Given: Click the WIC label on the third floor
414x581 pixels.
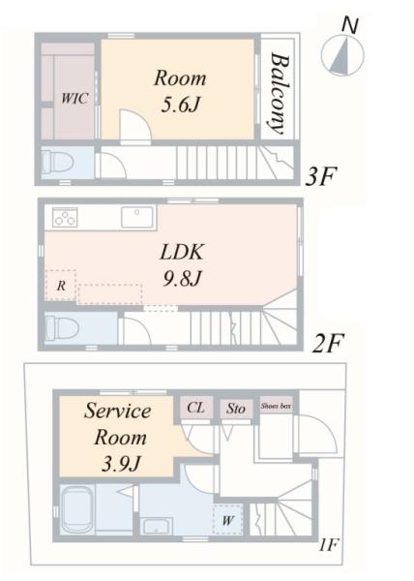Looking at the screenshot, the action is pos(74,99).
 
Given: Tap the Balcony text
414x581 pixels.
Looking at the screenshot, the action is pos(280,94).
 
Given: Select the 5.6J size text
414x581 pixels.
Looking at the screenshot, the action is pos(181,106).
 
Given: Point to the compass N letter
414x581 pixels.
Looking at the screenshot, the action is pos(349,26).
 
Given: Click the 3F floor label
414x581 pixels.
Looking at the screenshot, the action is pos(321,177).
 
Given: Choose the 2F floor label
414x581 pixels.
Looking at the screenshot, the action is pos(329,344).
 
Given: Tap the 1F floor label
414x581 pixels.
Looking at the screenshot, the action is pos(329,545).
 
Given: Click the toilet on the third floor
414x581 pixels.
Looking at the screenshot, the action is pos(58,162).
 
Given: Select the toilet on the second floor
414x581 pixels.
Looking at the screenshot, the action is pos(62,327).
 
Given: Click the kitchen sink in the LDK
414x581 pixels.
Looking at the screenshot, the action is pos(137,217).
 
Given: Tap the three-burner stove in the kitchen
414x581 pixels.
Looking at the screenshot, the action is pos(65,217).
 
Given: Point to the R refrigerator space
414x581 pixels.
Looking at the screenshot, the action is pos(61,286).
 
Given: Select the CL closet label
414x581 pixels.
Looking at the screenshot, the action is pos(195,408).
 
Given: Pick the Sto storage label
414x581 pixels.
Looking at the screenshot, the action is pos(236,409).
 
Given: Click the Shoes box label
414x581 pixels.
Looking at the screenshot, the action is pos(276,406).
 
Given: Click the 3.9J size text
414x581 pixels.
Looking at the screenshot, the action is pos(121,463).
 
